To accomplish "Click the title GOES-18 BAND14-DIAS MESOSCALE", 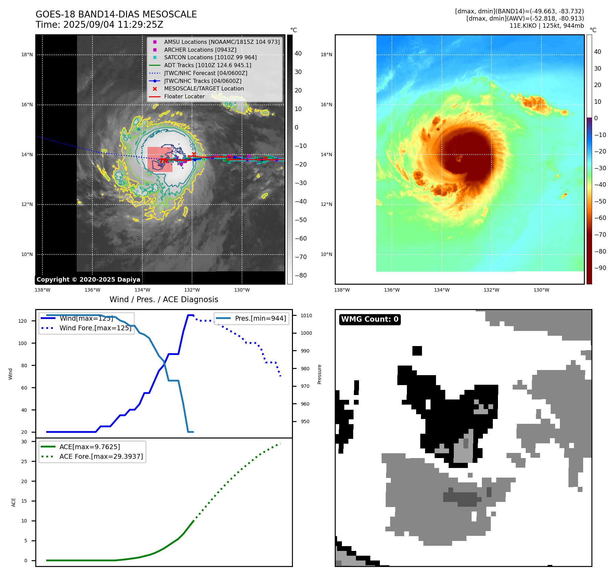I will (116, 14).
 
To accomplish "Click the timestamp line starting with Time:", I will (99, 25).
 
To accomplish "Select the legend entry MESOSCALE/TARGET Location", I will (204, 89).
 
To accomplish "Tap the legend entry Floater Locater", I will (184, 97).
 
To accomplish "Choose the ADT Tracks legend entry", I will (207, 65).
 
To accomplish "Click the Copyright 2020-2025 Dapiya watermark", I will (88, 280).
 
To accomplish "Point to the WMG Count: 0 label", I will (370, 319).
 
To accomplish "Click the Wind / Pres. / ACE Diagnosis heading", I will (164, 299).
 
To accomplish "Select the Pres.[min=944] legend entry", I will (260, 318).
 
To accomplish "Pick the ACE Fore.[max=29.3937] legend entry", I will (101, 456).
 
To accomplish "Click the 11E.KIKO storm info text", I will (547, 26).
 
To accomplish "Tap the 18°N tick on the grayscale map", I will (27, 54).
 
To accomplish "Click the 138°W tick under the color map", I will (342, 290).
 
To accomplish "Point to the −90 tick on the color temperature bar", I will (600, 268).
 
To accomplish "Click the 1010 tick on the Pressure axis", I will (306, 316).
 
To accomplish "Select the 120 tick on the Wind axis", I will (23, 321).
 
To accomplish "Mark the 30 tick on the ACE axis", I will (24, 442).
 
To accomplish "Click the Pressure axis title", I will (319, 374).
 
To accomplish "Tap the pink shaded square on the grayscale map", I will (160, 159).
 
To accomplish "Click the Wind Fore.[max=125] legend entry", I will (95, 328).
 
